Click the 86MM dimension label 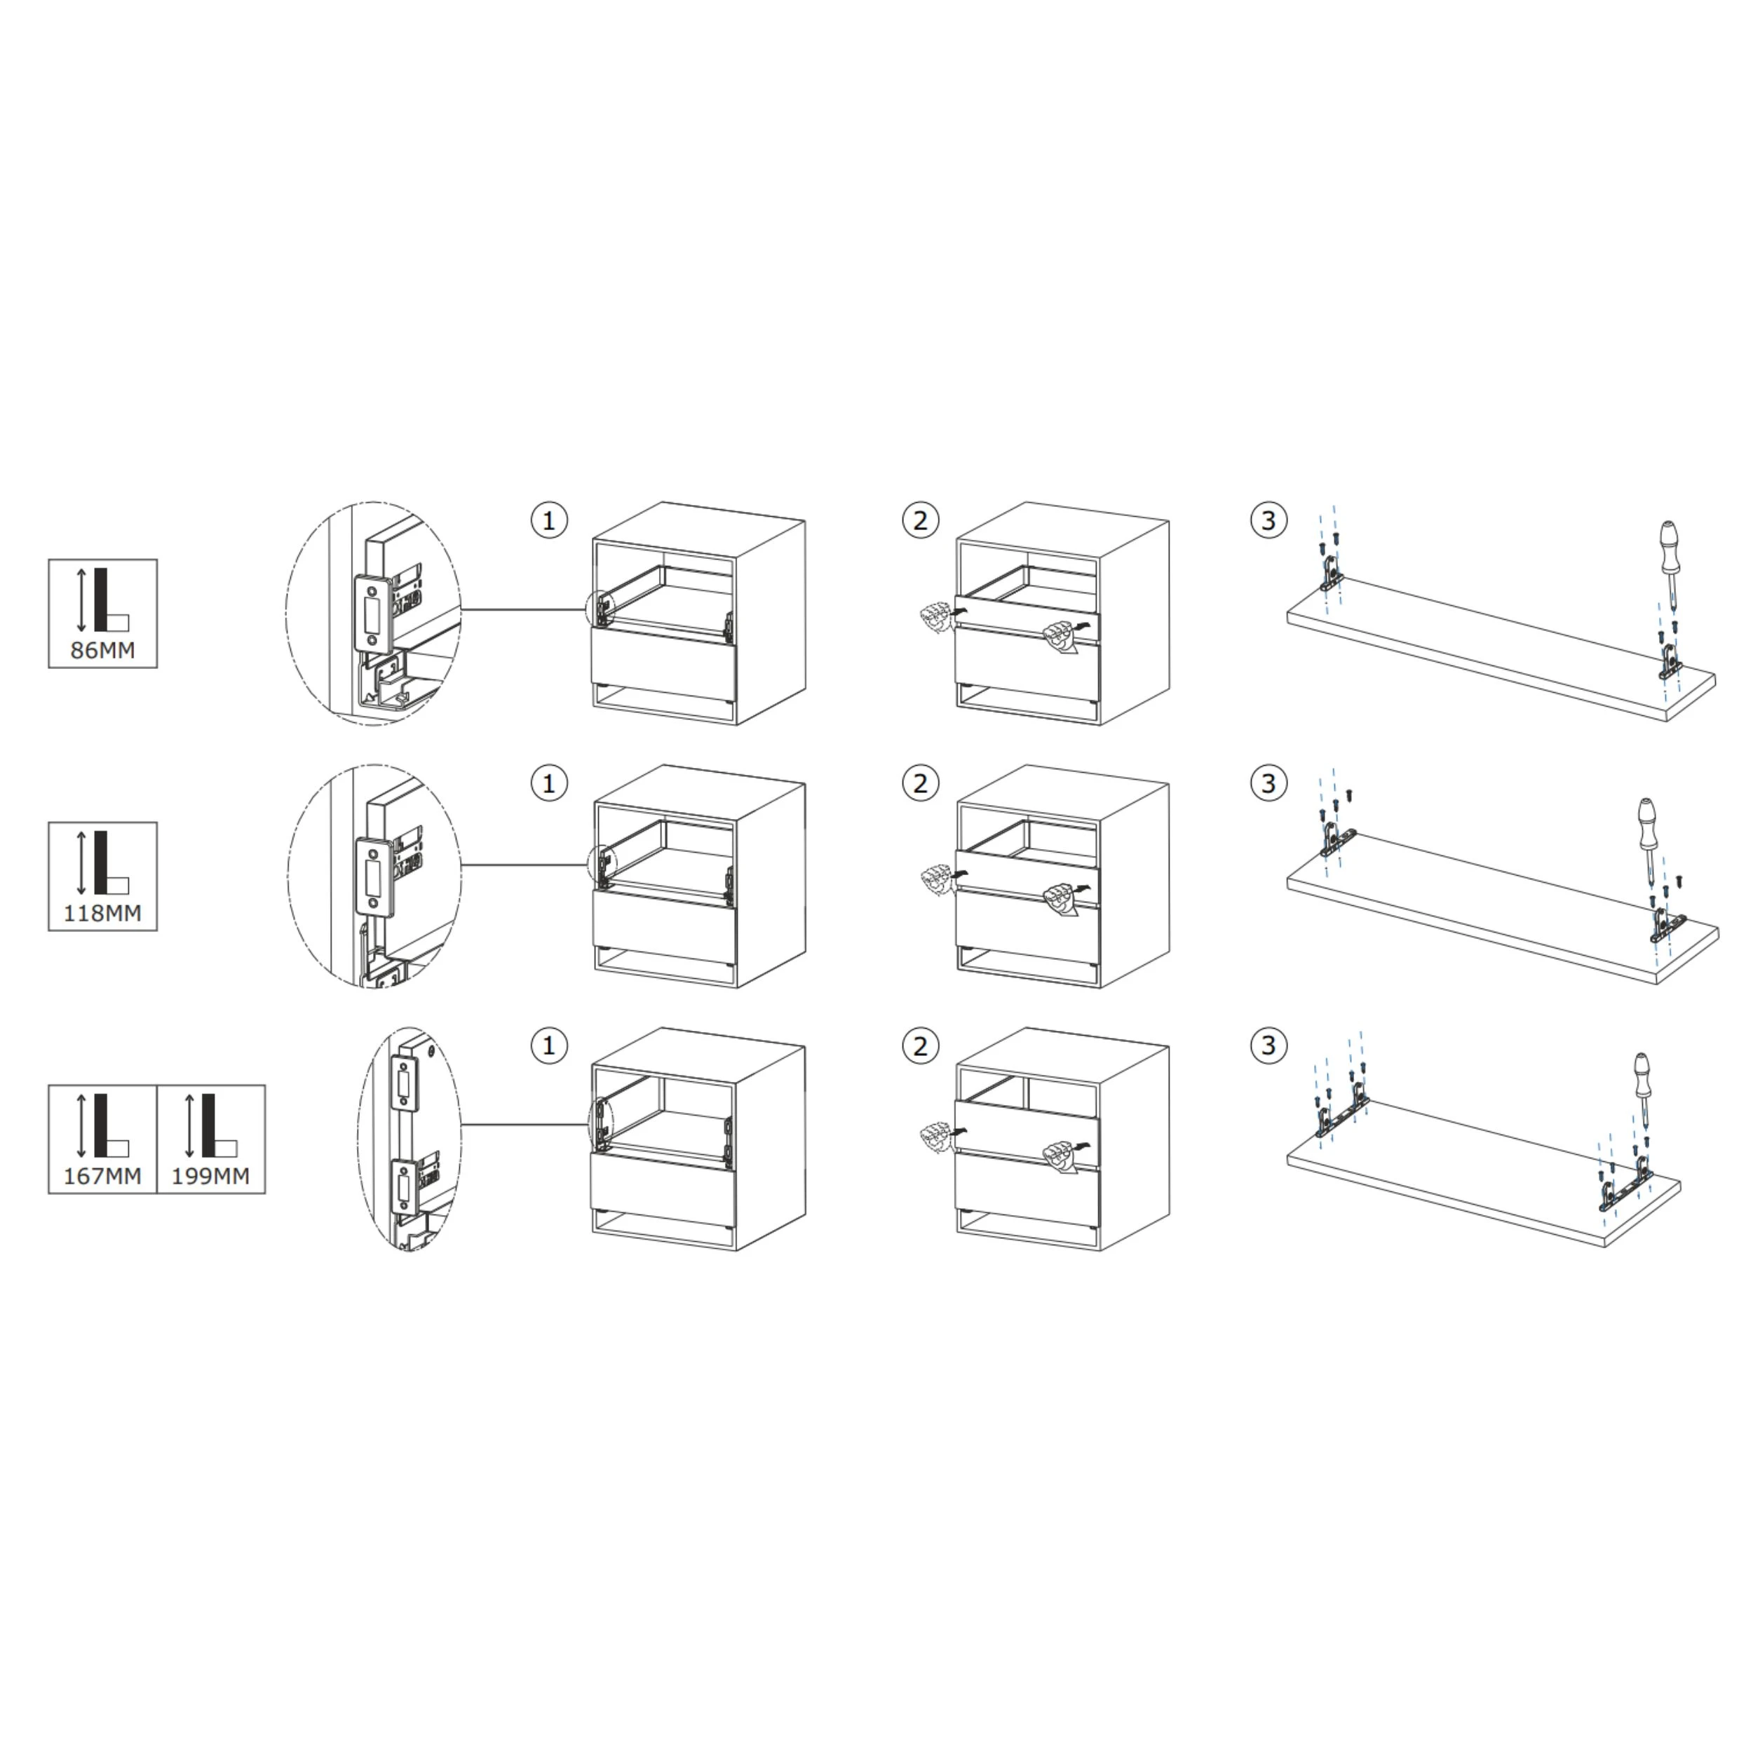click(102, 650)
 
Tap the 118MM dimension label click(102, 913)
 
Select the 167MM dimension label click(102, 1176)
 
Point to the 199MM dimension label click(210, 1176)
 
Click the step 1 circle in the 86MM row click(549, 521)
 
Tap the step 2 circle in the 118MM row click(921, 783)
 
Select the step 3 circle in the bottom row click(1268, 1045)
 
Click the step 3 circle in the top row click(1268, 521)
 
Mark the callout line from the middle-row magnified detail click(527, 865)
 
